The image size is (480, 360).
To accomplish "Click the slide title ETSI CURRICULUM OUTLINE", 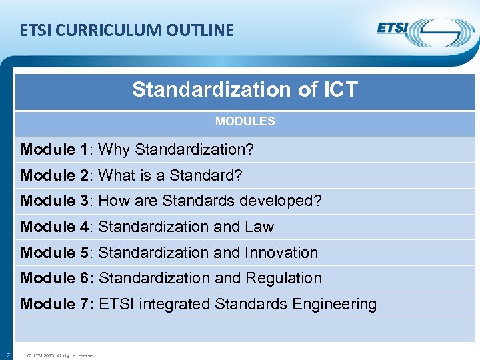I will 127,31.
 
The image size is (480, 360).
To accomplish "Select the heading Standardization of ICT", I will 245,89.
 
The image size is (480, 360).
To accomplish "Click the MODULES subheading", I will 245,121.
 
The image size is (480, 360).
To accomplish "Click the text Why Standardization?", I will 176,149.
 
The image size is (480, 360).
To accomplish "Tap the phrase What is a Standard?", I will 170,175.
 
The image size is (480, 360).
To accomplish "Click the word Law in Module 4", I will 259,227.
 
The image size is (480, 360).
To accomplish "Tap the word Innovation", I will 281,253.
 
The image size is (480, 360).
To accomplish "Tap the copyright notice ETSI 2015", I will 61,355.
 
